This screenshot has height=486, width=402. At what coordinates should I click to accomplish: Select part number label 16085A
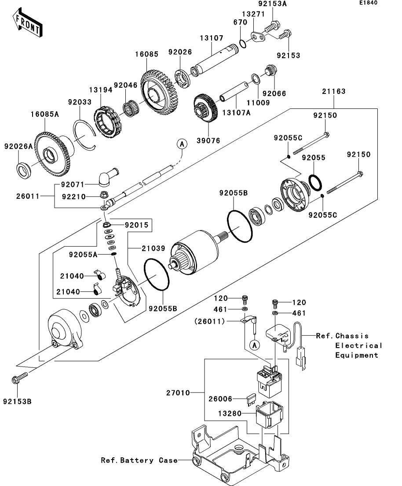(x=45, y=114)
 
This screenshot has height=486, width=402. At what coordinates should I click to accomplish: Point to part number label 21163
(x=333, y=92)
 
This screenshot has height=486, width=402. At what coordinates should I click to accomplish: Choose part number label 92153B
(x=17, y=401)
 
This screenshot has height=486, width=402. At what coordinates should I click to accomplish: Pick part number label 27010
(x=179, y=392)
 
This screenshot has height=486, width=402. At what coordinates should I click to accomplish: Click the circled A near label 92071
(x=182, y=143)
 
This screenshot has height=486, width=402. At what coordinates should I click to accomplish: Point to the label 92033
(x=80, y=102)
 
